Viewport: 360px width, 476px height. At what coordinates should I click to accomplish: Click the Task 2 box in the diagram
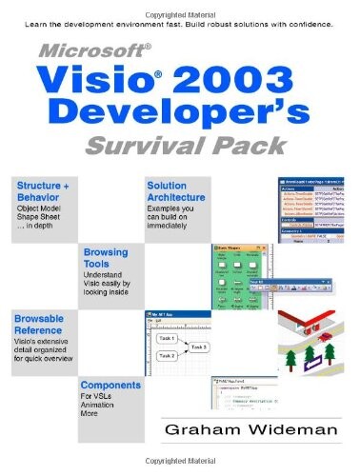click(168, 356)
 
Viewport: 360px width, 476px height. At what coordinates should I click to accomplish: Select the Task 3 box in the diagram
click(199, 347)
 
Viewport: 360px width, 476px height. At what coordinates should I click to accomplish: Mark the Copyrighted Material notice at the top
click(179, 7)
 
